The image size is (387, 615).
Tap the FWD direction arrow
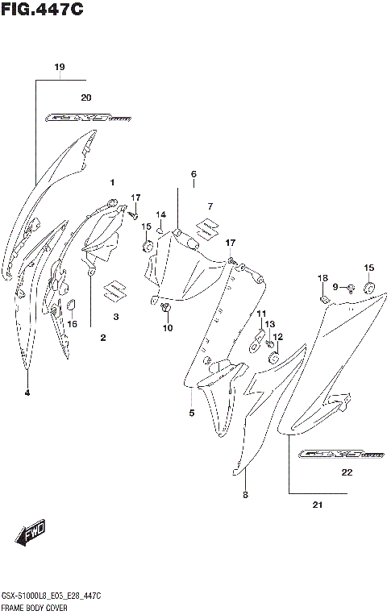click(30, 533)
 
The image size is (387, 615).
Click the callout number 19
click(59, 67)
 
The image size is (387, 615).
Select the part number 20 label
click(86, 97)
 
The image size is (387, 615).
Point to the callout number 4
click(27, 393)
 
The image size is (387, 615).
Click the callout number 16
click(72, 324)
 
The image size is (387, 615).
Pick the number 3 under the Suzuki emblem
click(115, 317)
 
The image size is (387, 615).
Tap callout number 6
click(193, 174)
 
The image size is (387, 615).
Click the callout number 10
click(168, 327)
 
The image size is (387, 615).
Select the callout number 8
click(245, 495)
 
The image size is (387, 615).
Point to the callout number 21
click(317, 506)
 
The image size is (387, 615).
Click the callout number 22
click(347, 472)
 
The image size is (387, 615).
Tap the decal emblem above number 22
click(331, 454)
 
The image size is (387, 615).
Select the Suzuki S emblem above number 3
click(114, 289)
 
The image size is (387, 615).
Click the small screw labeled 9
click(352, 288)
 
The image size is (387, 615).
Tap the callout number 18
click(322, 278)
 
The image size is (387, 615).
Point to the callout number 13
click(271, 324)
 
